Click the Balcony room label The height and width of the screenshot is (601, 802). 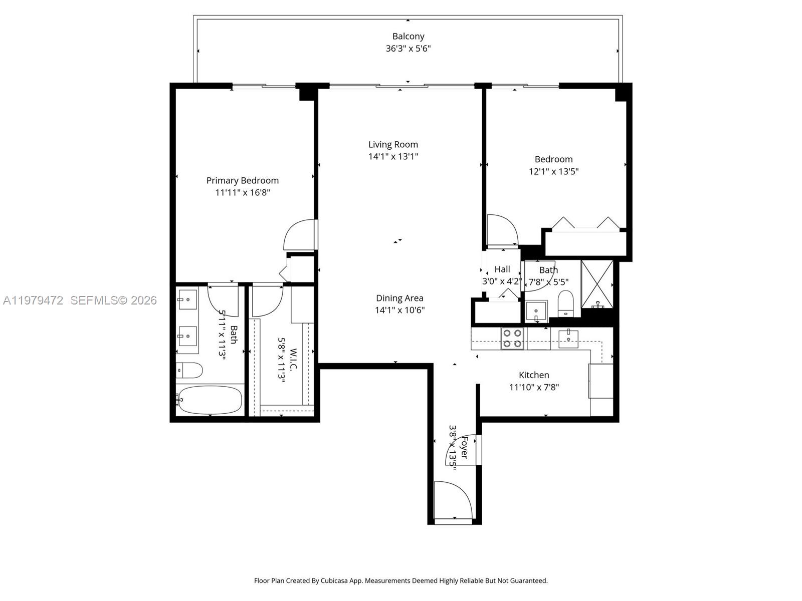408,36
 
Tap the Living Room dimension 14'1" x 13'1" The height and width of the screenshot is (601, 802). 393,156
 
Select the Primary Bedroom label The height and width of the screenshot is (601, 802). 242,180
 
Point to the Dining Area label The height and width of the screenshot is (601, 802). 399,298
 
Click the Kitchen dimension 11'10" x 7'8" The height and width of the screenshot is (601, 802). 534,387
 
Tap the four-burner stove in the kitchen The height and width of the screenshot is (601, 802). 512,338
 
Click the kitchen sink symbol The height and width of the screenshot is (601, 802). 568,338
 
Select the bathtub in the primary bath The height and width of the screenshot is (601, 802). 210,400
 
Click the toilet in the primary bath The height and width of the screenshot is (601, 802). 190,371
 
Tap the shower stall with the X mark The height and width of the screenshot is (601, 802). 597,284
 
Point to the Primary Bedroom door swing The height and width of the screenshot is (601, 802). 299,235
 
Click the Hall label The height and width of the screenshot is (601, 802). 502,269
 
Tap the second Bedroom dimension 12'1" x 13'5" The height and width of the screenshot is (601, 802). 553,171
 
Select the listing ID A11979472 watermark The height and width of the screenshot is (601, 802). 33,300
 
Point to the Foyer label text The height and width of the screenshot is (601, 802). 464,447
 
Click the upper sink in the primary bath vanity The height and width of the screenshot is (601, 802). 187,299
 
